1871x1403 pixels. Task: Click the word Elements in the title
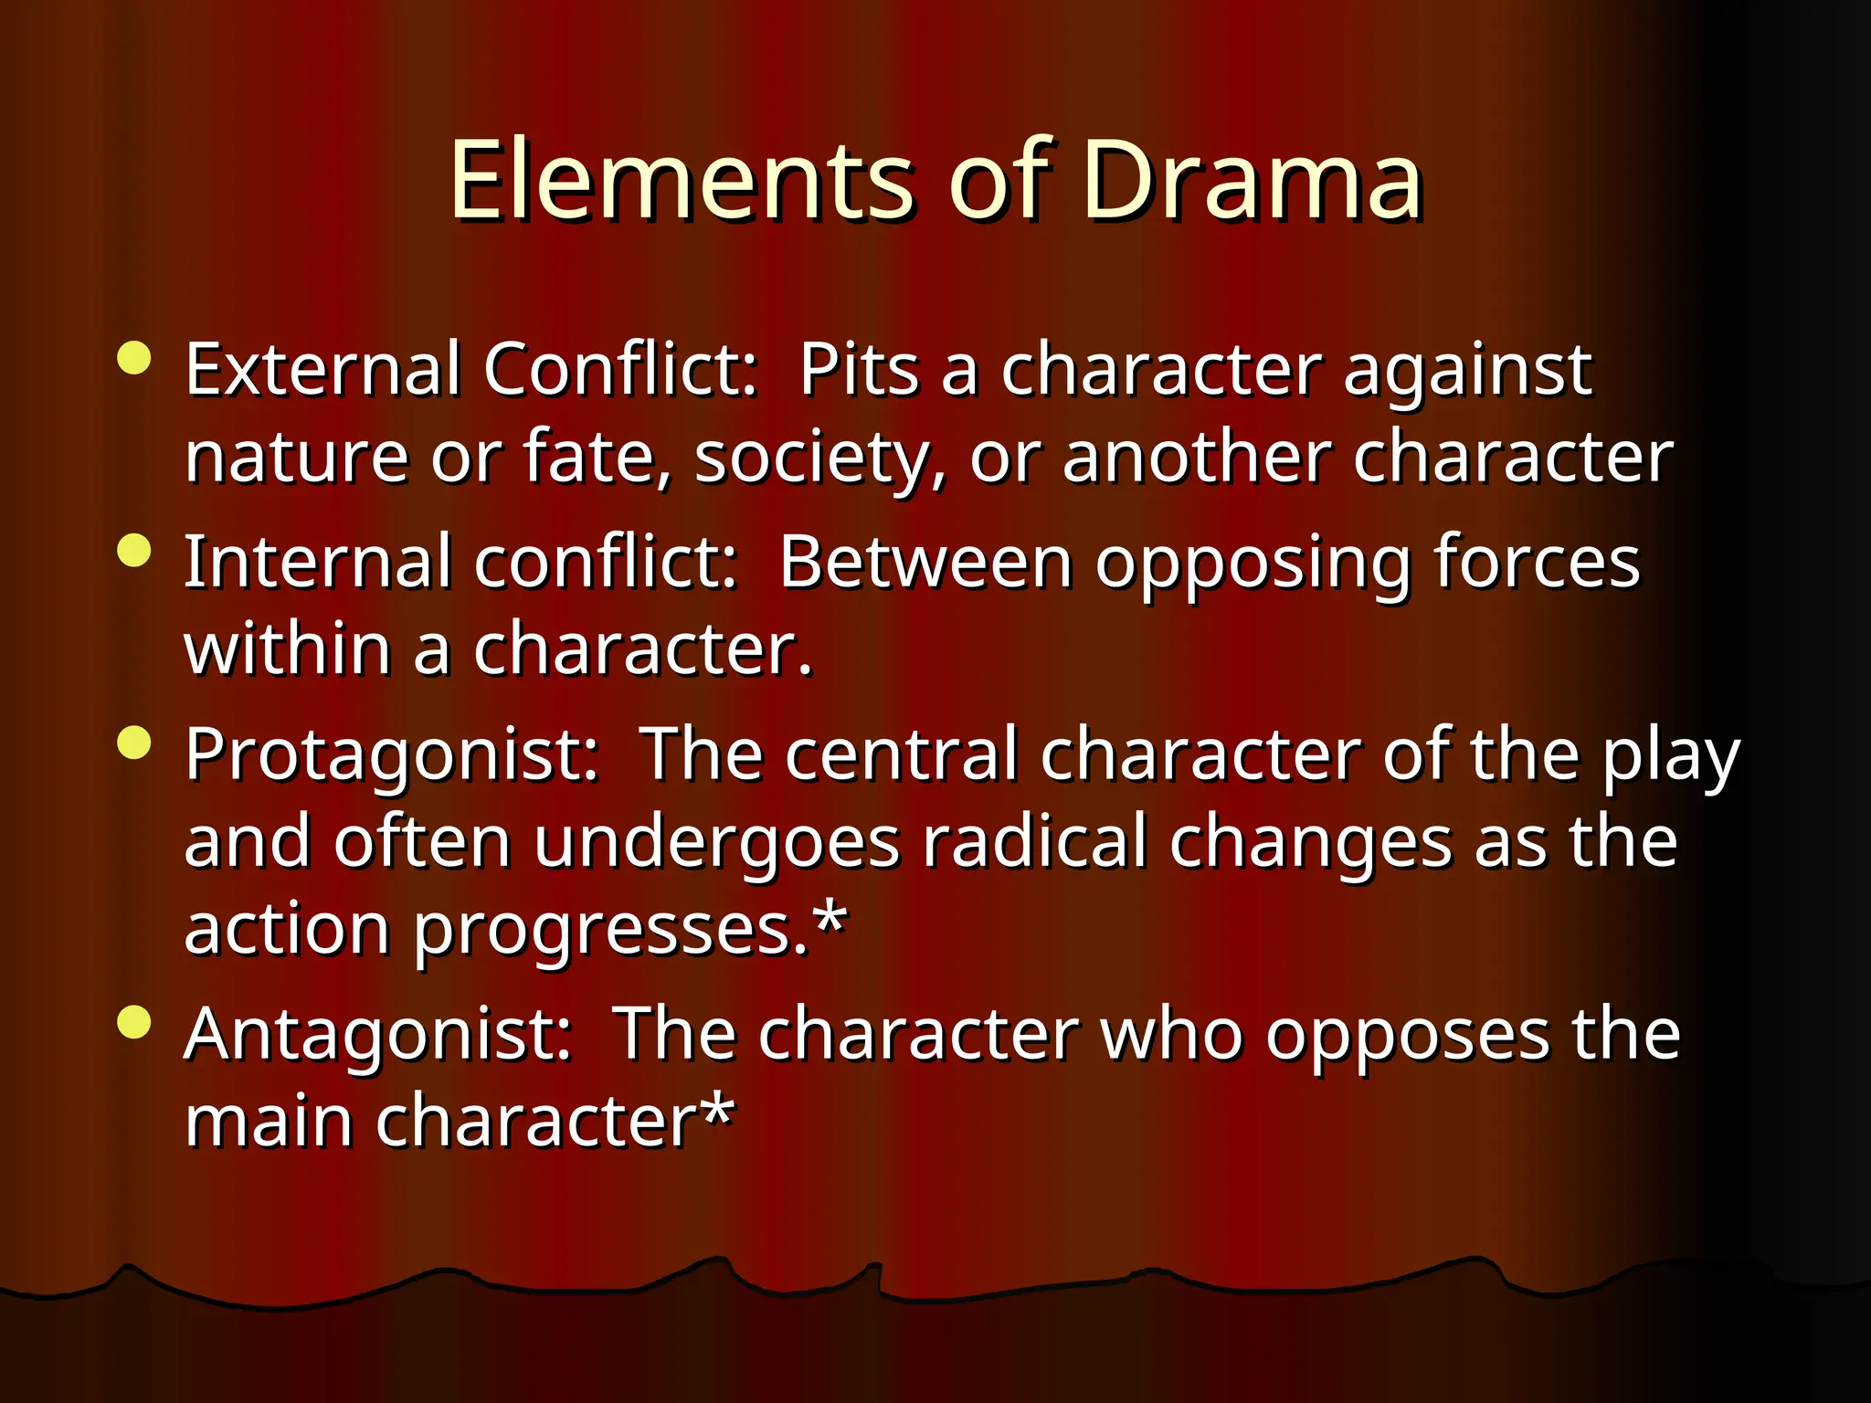click(x=681, y=181)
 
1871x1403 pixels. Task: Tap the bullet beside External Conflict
click(x=134, y=358)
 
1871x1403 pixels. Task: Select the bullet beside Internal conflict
click(x=134, y=551)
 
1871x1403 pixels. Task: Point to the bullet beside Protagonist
click(x=134, y=743)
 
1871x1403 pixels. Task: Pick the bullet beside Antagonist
click(x=134, y=1022)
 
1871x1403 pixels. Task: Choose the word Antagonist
click(x=377, y=1035)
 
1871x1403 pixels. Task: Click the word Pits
click(x=858, y=370)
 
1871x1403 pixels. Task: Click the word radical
click(x=1033, y=842)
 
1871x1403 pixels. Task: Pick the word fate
click(x=597, y=457)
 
